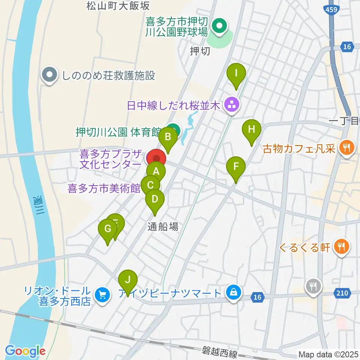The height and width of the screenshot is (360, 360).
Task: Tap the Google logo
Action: [x=25, y=351]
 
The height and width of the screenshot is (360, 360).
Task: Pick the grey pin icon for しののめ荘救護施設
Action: [x=50, y=76]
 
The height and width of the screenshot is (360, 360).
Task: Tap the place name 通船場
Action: [x=162, y=226]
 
